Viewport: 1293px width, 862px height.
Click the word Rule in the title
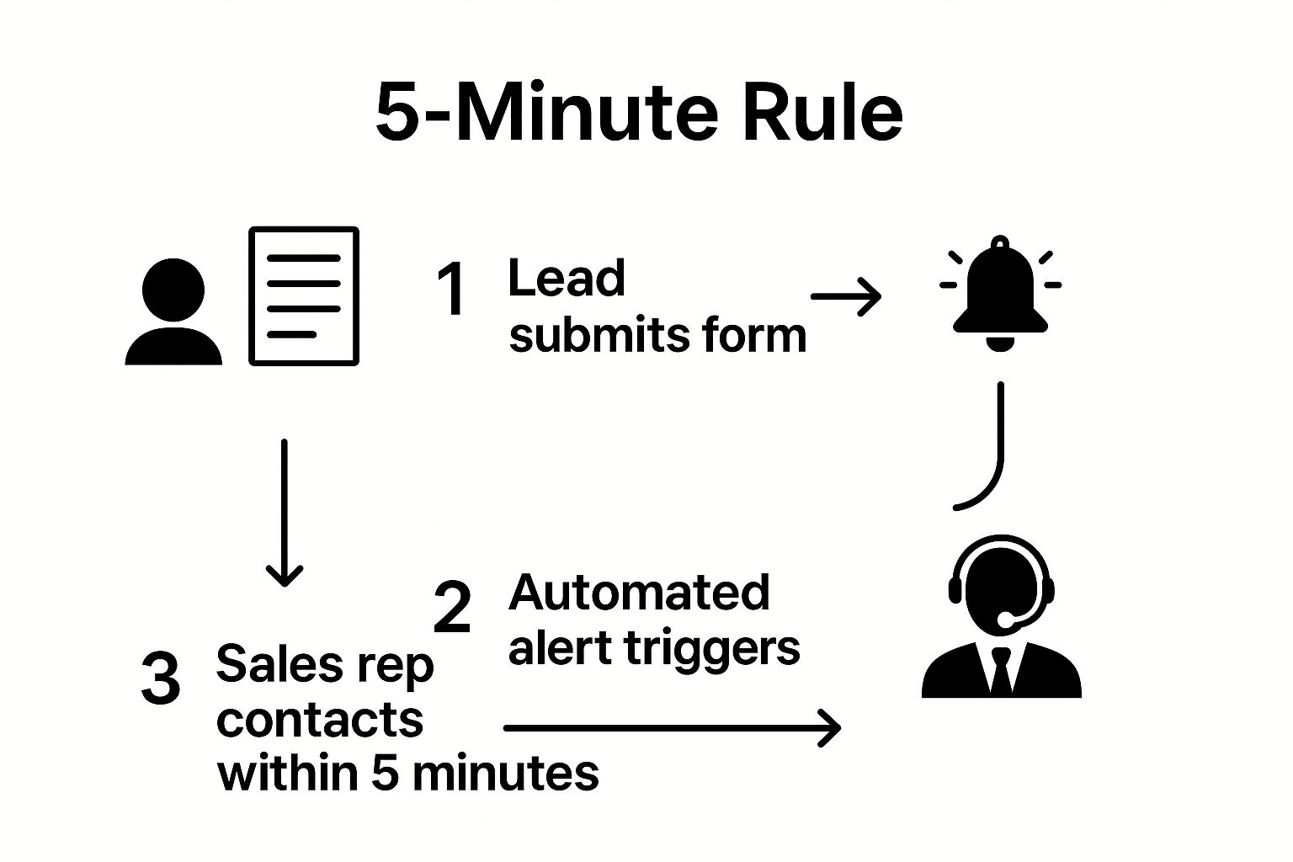pos(823,112)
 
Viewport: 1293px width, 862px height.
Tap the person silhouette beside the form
pos(173,311)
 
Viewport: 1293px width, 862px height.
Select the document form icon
pos(304,296)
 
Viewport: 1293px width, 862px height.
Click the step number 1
pos(451,288)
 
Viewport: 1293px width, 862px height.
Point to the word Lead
pos(567,278)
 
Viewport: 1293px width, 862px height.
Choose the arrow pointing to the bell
pos(846,297)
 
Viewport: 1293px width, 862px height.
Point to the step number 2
pos(452,607)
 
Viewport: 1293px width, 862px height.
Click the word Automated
pos(639,593)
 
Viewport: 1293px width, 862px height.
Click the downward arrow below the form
pos(284,513)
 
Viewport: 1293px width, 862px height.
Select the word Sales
pos(280,664)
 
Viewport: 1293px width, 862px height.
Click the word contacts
pos(320,720)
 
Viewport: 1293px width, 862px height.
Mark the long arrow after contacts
pos(672,728)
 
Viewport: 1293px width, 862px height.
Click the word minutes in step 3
pos(506,774)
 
